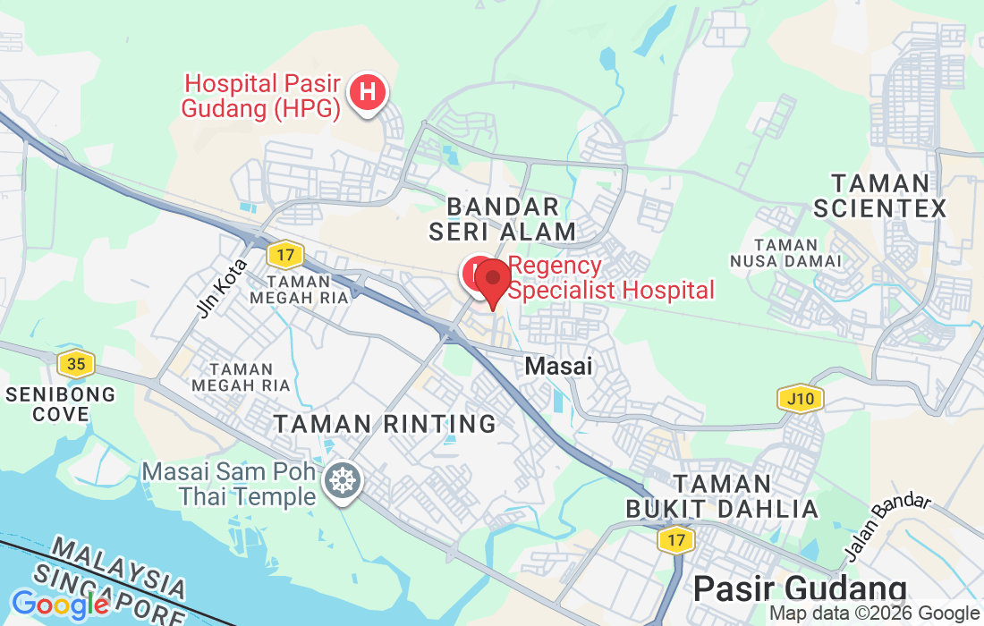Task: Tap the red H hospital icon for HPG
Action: tap(367, 91)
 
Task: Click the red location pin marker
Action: tap(492, 283)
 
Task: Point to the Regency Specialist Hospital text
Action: tap(612, 278)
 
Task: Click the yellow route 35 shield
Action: tap(75, 364)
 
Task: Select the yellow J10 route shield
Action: tap(800, 398)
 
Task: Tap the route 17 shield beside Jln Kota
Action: tap(284, 255)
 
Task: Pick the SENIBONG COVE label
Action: tap(61, 404)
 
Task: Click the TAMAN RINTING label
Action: tap(385, 424)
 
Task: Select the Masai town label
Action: tap(559, 366)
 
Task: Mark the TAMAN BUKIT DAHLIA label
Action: tap(722, 496)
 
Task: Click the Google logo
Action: tap(61, 605)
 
